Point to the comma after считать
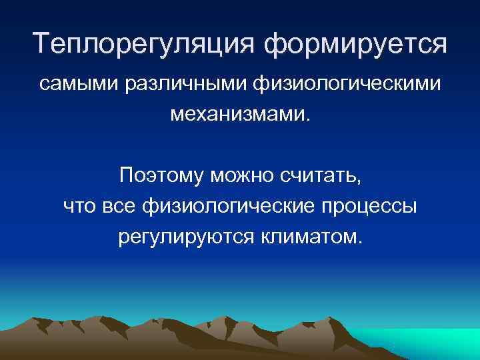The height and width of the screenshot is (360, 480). tap(361, 182)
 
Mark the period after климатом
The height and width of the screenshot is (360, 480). tap(361, 242)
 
